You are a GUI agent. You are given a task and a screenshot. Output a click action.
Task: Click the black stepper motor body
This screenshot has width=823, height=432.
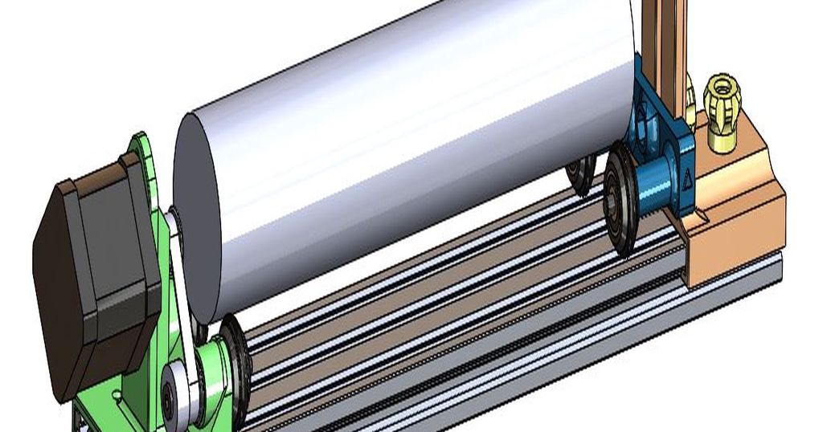tap(96, 273)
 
